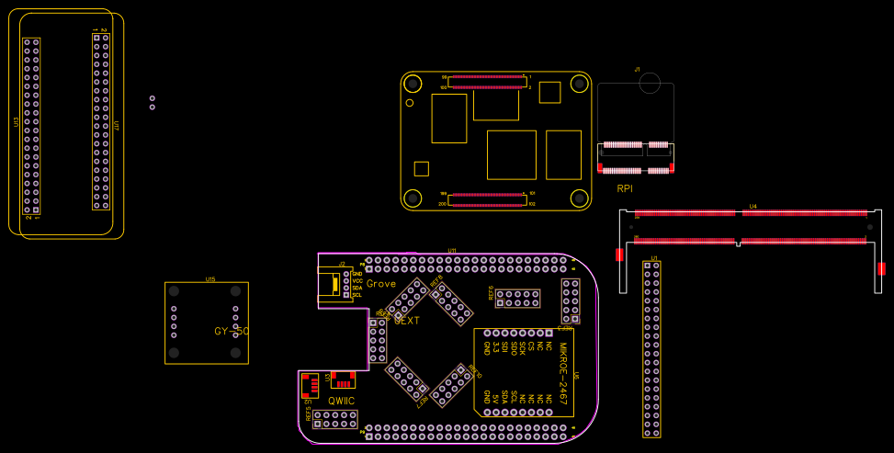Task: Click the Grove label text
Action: coord(380,284)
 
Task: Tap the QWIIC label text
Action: coord(341,401)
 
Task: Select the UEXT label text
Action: coord(406,321)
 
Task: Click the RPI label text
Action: coord(625,188)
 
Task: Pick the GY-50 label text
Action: coord(232,331)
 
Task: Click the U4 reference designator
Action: coord(753,206)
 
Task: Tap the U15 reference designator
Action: coord(210,279)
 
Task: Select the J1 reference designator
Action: coord(637,69)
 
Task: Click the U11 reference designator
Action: coord(452,251)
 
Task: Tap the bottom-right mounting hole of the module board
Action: coord(579,198)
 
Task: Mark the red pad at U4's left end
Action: coord(619,255)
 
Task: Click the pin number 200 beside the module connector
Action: coord(443,203)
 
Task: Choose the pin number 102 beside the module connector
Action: coord(531,203)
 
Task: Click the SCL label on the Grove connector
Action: coord(356,295)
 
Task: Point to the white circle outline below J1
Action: coord(650,83)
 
